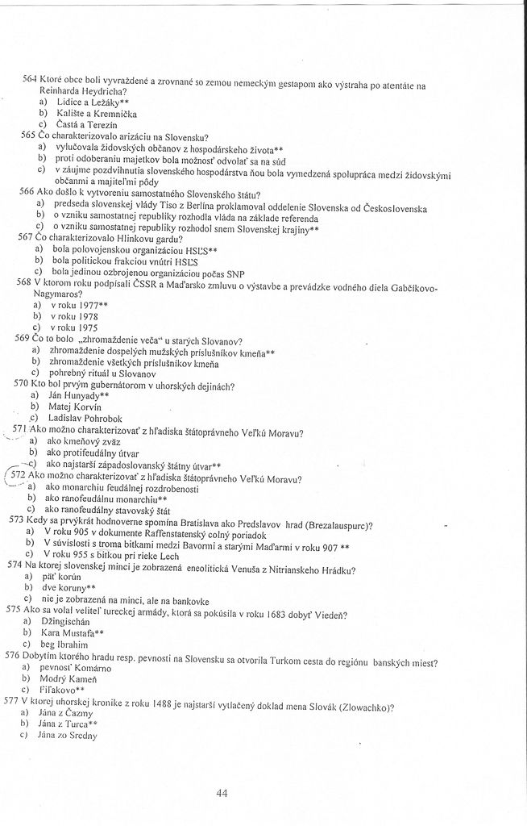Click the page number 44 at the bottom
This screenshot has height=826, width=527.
(x=223, y=793)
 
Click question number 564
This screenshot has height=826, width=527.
(x=31, y=81)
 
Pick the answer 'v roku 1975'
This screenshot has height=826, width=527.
(x=78, y=328)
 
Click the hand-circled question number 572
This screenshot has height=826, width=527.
(x=19, y=475)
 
